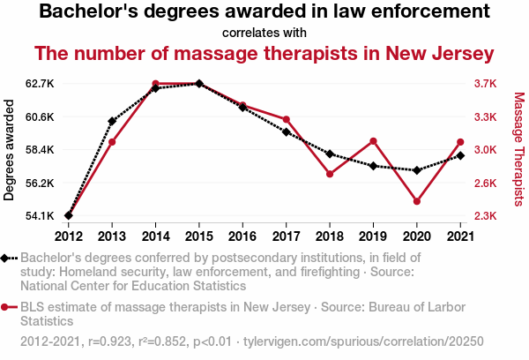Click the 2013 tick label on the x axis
point(112,236)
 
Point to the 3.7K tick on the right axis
point(483,84)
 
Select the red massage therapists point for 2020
point(416,201)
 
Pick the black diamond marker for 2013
point(112,121)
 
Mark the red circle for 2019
point(373,141)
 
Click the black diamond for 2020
point(416,170)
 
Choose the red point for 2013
point(112,142)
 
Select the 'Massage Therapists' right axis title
point(518,150)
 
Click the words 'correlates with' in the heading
point(264,34)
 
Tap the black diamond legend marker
point(6,258)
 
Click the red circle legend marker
point(6,307)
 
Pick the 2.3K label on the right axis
point(483,216)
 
